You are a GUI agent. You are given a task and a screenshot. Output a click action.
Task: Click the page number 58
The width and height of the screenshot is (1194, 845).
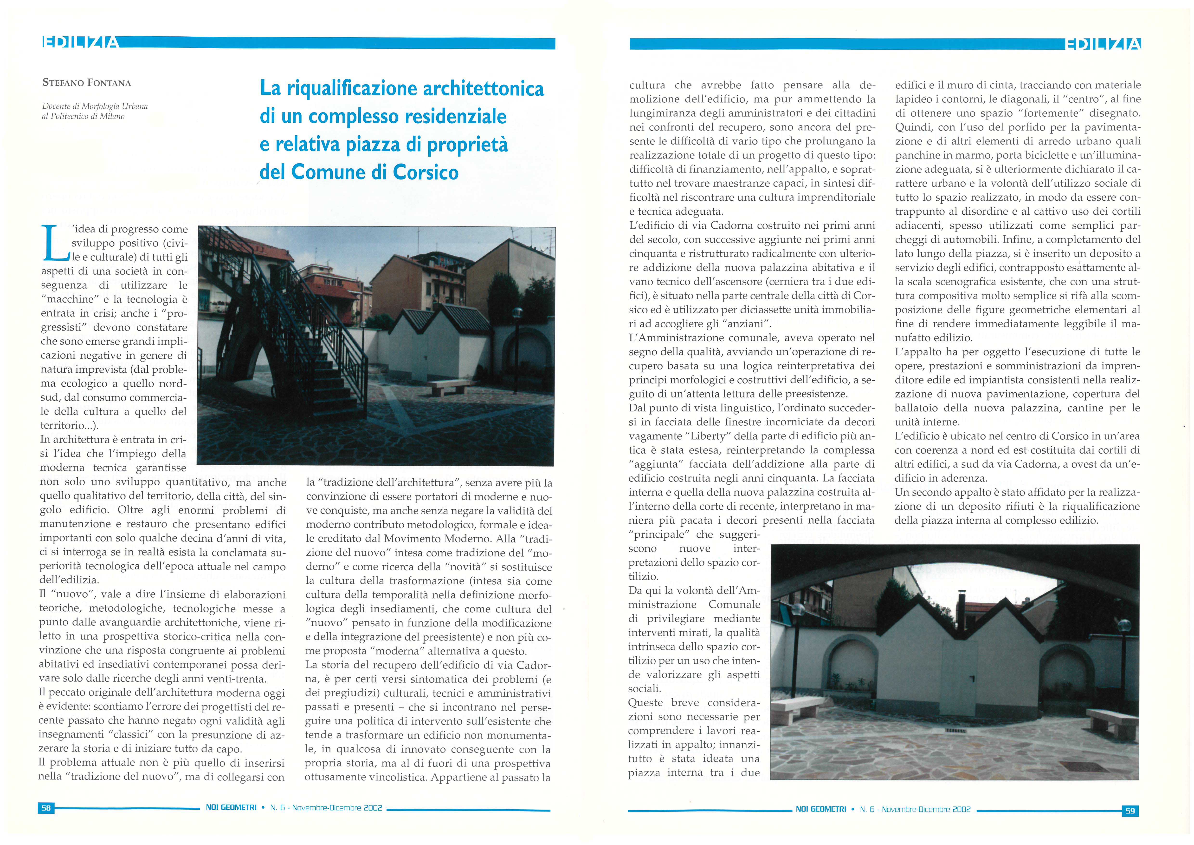tap(46, 807)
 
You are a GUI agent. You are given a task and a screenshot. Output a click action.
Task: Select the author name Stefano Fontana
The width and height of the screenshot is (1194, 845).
tap(86, 83)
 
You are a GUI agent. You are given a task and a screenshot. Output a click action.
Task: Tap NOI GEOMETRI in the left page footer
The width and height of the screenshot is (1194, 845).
tap(231, 807)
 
